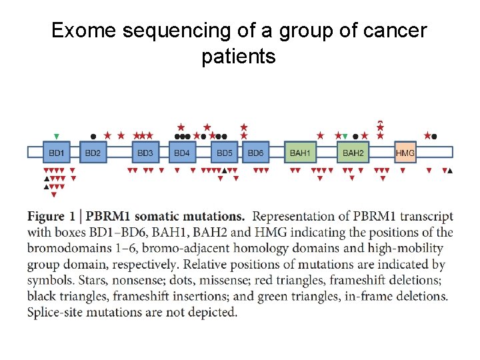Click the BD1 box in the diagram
[57, 153]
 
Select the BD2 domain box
[93, 153]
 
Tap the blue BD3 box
[145, 153]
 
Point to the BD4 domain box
[182, 153]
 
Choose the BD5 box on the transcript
[225, 153]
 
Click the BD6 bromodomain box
[255, 153]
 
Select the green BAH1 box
[300, 153]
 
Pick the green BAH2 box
[353, 153]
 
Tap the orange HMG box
[405, 153]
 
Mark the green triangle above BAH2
[345, 136]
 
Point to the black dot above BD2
[93, 136]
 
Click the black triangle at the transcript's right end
[450, 171]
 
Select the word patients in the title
[238, 57]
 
